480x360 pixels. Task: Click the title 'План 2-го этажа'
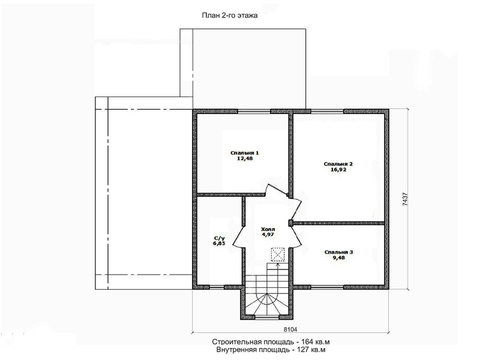pos(230,16)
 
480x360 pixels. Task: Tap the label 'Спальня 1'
pos(245,153)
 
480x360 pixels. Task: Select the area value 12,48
pos(245,158)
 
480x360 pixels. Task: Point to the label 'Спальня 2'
pos(338,164)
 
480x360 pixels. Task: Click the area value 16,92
pos(338,170)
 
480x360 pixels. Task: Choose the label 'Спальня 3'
pos(339,252)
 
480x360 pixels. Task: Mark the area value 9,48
pos(339,258)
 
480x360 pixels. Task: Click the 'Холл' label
pos(268,229)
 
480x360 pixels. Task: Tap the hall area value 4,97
pos(268,235)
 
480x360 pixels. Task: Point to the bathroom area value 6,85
pos(219,244)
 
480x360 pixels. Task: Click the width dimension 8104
pos(290,329)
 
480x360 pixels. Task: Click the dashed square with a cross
pos(278,254)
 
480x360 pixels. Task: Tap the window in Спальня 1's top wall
pos(254,112)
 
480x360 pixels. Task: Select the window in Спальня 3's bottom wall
pos(327,287)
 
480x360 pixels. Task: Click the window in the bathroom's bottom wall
pos(217,287)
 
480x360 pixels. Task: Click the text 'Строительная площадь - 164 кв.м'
pos(271,342)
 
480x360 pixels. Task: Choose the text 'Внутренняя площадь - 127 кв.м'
pos(271,350)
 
